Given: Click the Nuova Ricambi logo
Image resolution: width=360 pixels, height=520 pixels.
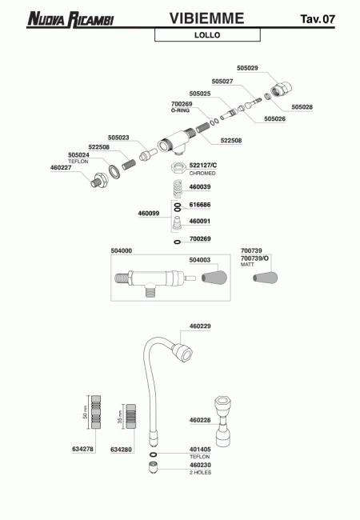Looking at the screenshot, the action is coord(70,19).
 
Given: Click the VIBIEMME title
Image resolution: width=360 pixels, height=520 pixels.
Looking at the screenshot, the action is coord(207,18).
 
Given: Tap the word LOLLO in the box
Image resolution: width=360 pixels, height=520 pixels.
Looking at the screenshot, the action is coord(207,35).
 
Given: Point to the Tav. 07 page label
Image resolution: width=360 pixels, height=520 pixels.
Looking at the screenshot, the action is coord(318,19).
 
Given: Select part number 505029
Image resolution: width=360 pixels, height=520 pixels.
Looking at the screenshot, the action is coord(247,68).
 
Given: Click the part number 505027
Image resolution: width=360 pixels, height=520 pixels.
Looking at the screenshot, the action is coord(222,82).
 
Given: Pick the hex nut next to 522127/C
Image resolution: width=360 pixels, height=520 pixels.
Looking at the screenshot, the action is coord(178,167).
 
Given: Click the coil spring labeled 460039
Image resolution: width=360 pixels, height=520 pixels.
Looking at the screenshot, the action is coord(178,188).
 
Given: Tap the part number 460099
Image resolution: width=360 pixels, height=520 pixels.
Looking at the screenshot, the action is coord(149,214).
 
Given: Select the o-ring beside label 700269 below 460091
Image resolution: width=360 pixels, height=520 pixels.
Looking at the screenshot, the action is coord(178,242).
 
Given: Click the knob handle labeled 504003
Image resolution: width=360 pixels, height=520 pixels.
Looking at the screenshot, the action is coord(214,278).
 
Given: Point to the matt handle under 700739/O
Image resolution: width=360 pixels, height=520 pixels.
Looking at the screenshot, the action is coord(265,278).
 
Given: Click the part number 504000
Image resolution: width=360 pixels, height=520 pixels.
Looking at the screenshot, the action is coord(121,251).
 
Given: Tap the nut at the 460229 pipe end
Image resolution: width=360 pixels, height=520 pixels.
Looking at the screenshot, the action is coord(182,353).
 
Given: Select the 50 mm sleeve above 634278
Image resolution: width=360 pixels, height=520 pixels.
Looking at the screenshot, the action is coord(96,412).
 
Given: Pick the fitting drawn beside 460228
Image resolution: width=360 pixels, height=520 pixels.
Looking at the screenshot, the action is coord(222,421).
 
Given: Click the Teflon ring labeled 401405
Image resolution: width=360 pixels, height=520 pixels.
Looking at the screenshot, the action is coord(153,454).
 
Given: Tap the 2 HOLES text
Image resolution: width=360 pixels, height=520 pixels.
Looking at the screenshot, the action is coord(200,473).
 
